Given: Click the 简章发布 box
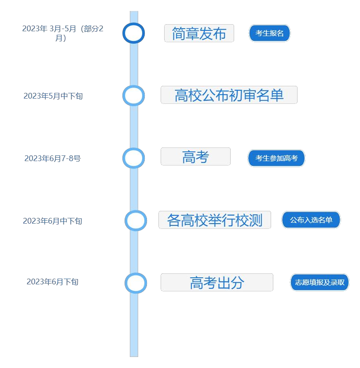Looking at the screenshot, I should point(199,33).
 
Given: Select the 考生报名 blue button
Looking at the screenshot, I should point(269,33).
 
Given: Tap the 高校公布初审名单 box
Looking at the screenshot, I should point(229,95).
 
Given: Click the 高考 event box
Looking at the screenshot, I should point(195,157).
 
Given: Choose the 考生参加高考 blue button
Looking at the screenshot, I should point(276,158).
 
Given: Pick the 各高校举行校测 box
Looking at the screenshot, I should point(215,220).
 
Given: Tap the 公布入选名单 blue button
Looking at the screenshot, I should point(311,220).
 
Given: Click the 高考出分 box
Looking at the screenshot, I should point(217,282).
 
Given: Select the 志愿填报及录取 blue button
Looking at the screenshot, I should point(320,282).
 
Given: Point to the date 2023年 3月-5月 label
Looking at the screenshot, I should point(63,33).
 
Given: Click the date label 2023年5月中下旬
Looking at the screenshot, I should point(53,96).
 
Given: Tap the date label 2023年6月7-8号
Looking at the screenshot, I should point(52,158).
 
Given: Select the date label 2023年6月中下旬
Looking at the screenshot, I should point(52,221).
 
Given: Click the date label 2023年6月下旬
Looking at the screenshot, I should point(52,282).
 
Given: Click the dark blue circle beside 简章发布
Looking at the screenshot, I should point(133,33).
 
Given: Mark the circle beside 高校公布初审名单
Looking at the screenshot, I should point(133,96).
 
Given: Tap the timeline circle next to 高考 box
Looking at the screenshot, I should point(133,158).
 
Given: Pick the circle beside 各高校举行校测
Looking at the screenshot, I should point(136,221).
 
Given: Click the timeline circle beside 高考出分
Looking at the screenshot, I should point(136,283).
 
